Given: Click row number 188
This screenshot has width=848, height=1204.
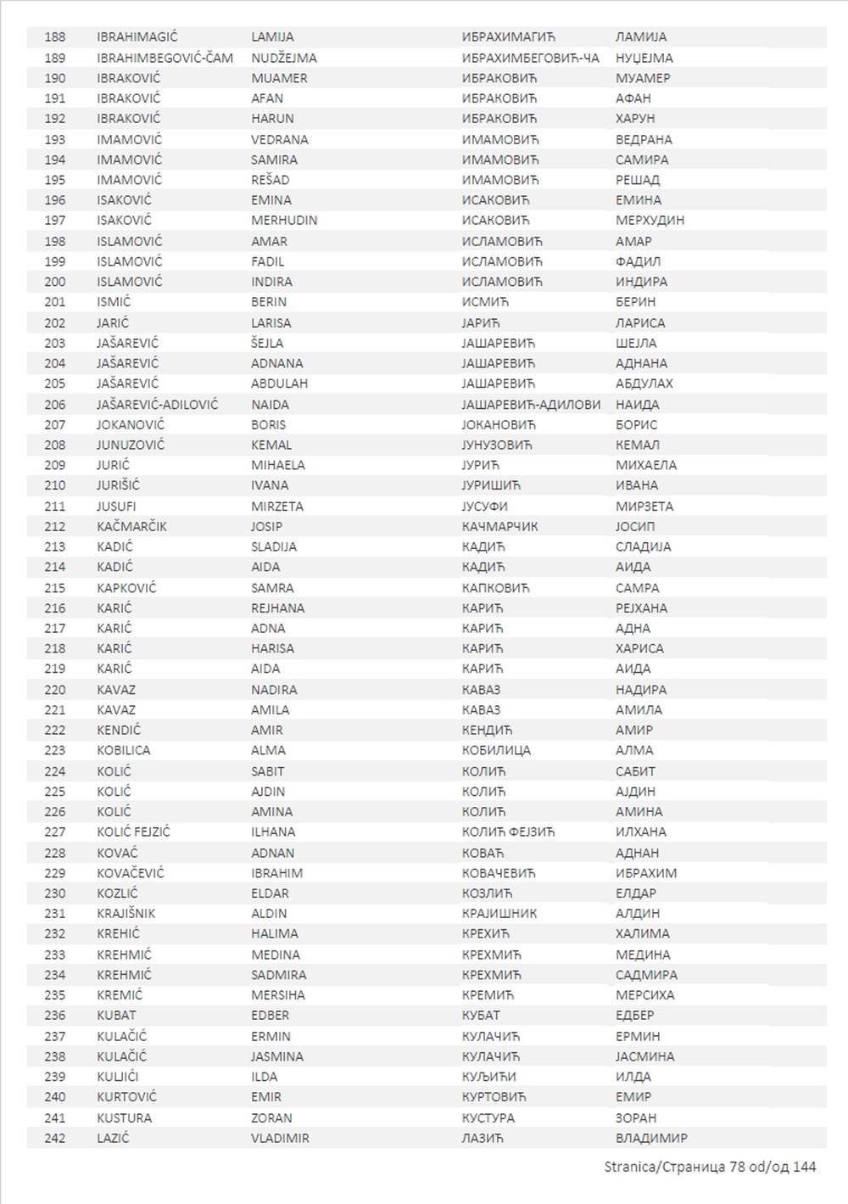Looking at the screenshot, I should pos(54,37).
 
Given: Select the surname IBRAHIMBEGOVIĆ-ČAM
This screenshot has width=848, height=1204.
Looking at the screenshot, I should pos(165,58).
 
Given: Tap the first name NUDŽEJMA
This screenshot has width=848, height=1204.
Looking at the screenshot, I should pos(283,58).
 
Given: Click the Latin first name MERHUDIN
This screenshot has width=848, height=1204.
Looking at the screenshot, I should pos(284,221).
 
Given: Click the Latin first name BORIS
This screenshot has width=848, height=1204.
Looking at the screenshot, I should pos(268,424).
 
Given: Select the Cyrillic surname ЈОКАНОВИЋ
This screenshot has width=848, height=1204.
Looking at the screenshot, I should pos(499,424).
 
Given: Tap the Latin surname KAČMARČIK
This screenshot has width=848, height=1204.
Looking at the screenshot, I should pos(131,526).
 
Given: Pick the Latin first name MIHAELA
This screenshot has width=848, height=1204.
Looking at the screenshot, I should pos(277,465).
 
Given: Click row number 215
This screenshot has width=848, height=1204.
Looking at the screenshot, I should pos(54,588).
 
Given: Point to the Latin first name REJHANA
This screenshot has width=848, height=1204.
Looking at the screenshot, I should pos(277,608).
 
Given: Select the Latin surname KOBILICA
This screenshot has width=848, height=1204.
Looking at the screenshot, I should pos(123,750).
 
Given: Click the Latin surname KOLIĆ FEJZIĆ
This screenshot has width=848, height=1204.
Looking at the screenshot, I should pos(133,832).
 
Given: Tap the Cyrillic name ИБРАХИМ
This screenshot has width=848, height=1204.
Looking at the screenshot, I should pos(646,873).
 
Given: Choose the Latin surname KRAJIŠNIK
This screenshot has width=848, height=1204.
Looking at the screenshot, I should pos(126,914).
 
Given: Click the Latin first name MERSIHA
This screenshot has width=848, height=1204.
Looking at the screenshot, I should pos(277,995).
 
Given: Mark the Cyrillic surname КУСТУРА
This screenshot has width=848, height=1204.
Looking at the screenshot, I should pos(488,1118).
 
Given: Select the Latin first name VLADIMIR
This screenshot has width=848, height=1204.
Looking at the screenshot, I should pos(280,1139).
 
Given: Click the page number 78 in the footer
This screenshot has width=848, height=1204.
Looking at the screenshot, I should pos(737,1167).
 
